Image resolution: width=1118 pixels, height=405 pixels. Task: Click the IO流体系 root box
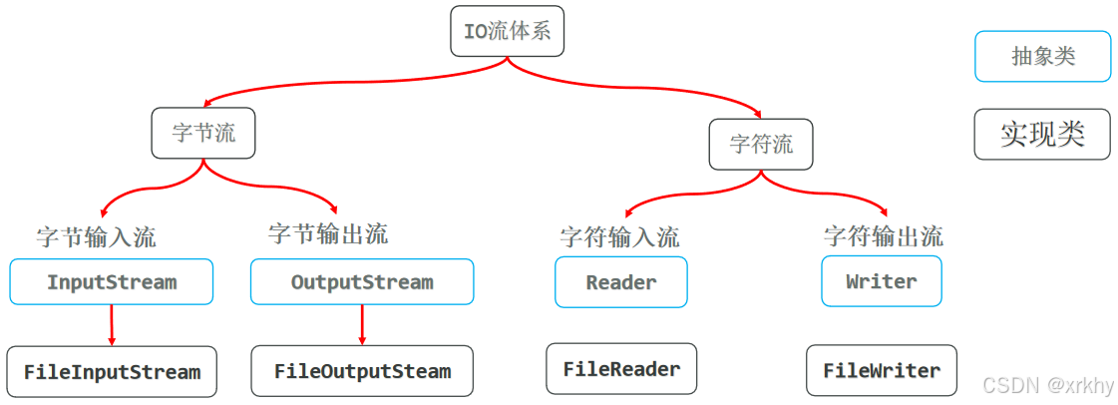click(x=508, y=31)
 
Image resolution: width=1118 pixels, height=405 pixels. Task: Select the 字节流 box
click(x=203, y=133)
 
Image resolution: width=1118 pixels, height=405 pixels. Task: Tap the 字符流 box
click(x=761, y=144)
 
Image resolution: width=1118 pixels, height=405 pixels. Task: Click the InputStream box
click(x=112, y=282)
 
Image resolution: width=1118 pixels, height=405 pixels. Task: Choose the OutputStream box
click(x=362, y=282)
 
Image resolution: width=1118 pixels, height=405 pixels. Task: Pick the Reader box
click(x=621, y=282)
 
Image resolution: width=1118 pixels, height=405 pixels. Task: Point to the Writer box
click(x=881, y=281)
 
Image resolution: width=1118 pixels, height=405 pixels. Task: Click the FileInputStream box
click(x=112, y=372)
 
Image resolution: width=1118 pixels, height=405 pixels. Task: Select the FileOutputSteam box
click(x=362, y=372)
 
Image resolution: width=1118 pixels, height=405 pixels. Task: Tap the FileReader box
click(x=621, y=369)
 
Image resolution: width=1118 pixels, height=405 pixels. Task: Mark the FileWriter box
click(x=881, y=370)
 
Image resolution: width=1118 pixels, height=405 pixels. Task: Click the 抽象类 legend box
click(x=1042, y=56)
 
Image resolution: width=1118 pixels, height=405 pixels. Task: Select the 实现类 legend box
click(x=1042, y=134)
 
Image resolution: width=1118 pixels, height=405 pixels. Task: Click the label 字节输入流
click(x=96, y=237)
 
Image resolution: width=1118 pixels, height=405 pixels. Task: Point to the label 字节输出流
click(x=328, y=234)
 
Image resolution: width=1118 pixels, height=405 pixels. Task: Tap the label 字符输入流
click(x=619, y=237)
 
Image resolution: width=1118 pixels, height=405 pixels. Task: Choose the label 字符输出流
click(x=883, y=236)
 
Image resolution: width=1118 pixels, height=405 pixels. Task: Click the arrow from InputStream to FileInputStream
click(x=112, y=325)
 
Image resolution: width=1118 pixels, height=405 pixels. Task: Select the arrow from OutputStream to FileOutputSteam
click(x=362, y=325)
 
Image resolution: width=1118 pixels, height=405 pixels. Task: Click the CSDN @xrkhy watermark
click(x=1047, y=385)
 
